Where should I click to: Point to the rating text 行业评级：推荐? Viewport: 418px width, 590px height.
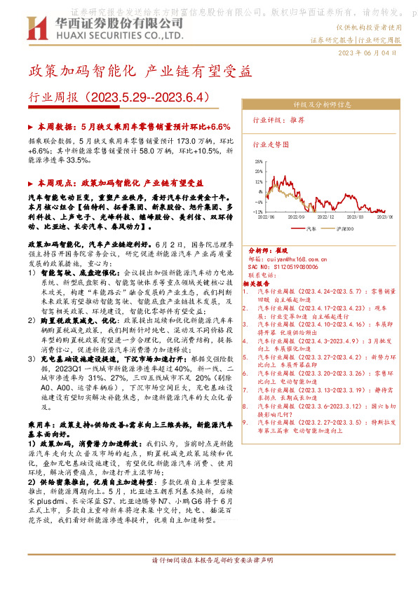(x=278, y=120)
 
